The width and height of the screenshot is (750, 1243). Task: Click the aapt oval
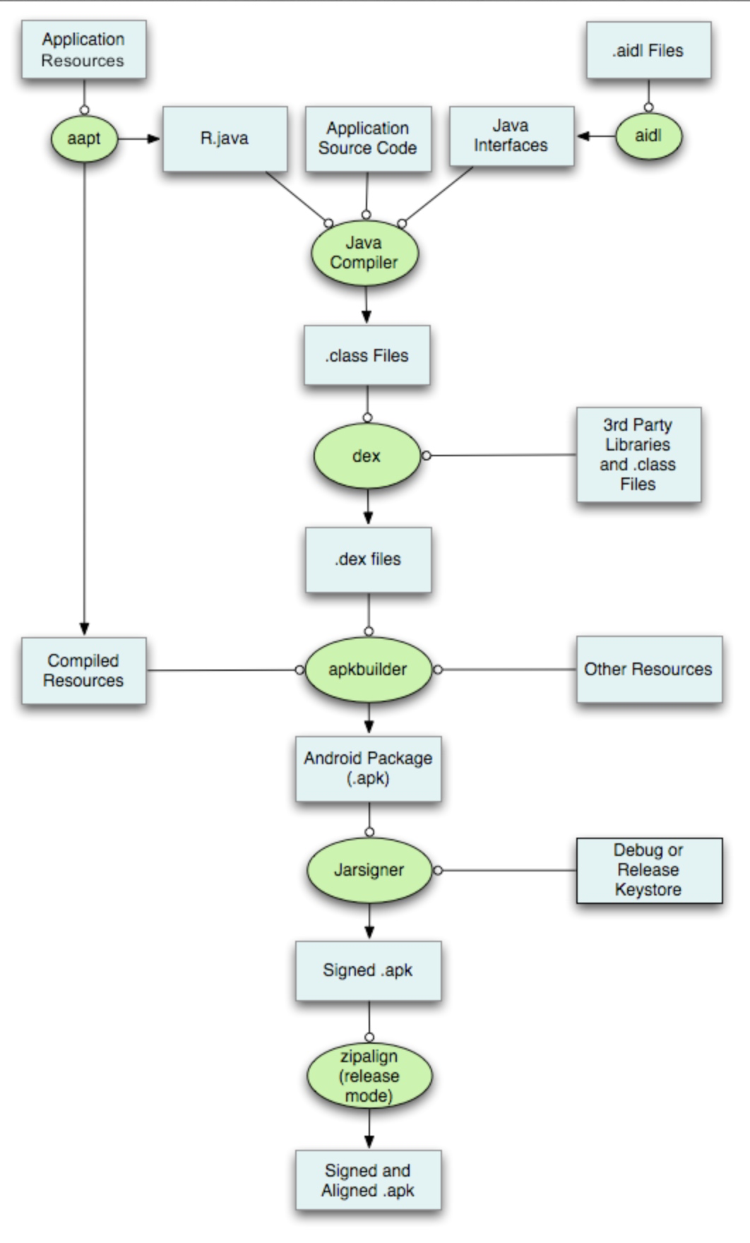[x=84, y=138]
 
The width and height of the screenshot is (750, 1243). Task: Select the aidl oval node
[x=648, y=136]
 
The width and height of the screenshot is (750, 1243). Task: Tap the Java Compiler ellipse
[x=364, y=254]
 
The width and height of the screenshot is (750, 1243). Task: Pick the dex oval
[x=367, y=456]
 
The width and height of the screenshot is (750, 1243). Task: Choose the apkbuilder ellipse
[x=368, y=670]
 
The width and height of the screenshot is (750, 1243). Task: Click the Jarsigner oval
[x=369, y=870]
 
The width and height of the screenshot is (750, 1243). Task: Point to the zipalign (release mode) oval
[x=369, y=1076]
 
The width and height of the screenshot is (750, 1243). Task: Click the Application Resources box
[x=83, y=49]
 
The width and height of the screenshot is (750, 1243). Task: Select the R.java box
[x=225, y=138]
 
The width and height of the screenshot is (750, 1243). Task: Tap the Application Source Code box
[x=368, y=138]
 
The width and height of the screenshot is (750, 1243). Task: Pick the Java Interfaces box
[x=511, y=136]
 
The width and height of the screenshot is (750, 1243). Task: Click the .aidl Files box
[x=648, y=50]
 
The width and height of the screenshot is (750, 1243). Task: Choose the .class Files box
[x=367, y=355]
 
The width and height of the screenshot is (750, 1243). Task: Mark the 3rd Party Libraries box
[x=638, y=454]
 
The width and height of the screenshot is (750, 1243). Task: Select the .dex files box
[x=368, y=559]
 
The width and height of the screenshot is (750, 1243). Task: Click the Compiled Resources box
[x=83, y=670]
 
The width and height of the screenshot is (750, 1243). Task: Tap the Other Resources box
[x=649, y=669]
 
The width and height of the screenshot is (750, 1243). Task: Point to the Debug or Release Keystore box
[x=649, y=870]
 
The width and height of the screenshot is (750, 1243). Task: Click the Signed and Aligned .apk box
[x=368, y=1180]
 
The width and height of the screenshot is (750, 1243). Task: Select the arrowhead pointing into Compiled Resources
[x=85, y=629]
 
